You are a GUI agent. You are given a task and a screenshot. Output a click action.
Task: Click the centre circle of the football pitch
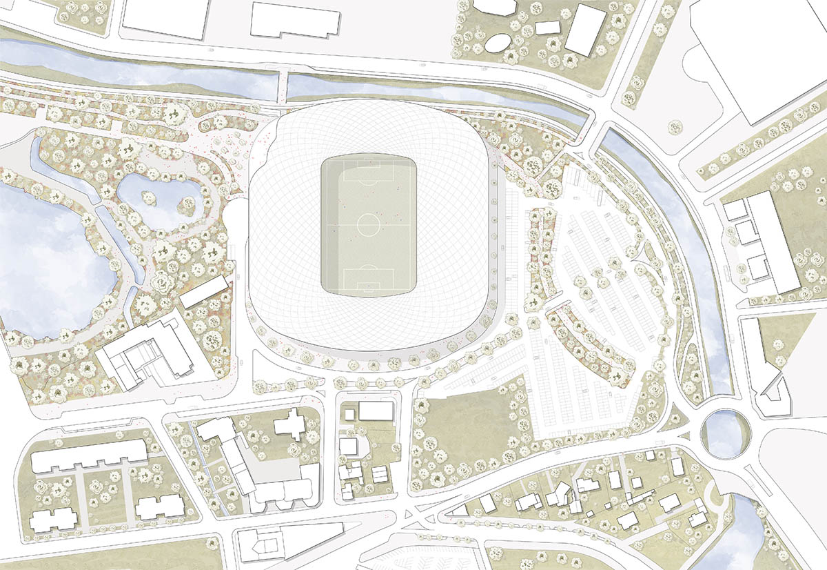pos(369,224)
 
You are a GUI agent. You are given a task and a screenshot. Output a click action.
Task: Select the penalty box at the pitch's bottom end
pos(369,279)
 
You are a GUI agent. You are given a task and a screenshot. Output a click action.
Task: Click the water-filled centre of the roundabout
pos(724,433)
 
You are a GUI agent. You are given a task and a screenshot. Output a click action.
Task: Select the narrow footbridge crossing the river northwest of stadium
pos(283,89)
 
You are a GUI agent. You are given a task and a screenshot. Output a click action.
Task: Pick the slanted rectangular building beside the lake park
pos(205,292)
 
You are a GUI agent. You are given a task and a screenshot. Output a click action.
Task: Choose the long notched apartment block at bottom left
pos(88,457)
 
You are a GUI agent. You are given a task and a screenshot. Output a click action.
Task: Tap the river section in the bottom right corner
pos(734,535)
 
